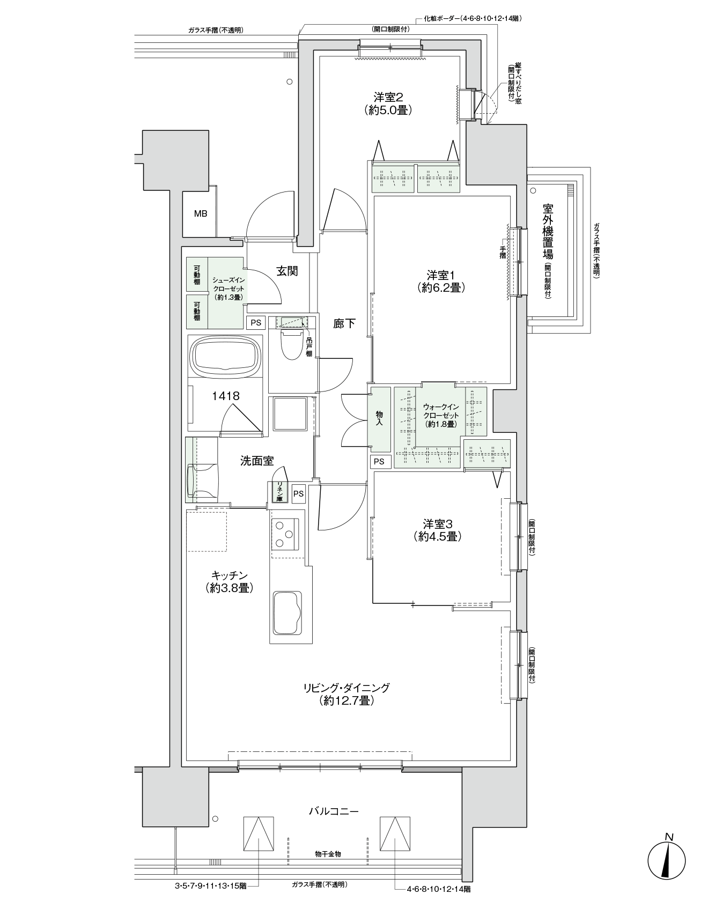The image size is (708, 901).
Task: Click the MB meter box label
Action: click(201, 213)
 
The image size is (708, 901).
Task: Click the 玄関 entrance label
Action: click(287, 271)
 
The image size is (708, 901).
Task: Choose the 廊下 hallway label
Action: click(344, 324)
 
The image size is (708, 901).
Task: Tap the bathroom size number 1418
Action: click(225, 396)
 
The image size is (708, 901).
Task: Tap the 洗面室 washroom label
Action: click(257, 461)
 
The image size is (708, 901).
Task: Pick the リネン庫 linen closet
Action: click(279, 492)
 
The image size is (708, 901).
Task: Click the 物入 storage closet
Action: click(379, 419)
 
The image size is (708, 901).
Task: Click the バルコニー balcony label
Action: click(333, 811)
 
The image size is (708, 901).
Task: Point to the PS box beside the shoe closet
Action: click(256, 322)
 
